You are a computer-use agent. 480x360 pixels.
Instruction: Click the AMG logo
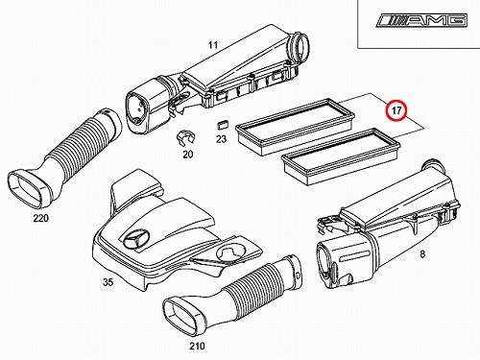pyautogui.click(x=421, y=20)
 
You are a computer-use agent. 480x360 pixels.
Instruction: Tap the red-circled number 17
pyautogui.click(x=396, y=110)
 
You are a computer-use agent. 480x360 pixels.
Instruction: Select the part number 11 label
pyautogui.click(x=213, y=45)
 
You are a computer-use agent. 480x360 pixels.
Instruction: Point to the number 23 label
pyautogui.click(x=221, y=139)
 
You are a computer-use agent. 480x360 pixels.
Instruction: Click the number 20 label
pyautogui.click(x=188, y=155)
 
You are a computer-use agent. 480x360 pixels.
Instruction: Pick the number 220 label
pyautogui.click(x=41, y=218)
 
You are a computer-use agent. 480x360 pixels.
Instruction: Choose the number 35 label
pyautogui.click(x=108, y=282)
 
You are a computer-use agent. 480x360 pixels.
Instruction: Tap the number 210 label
pyautogui.click(x=197, y=346)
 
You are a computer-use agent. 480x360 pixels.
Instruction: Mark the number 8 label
pyautogui.click(x=422, y=254)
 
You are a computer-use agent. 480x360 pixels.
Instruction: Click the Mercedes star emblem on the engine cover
pyautogui.click(x=134, y=239)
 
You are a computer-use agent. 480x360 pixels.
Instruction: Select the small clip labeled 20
pyautogui.click(x=185, y=139)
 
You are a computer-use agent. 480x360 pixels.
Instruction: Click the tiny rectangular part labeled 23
pyautogui.click(x=223, y=124)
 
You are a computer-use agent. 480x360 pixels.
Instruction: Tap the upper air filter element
pyautogui.click(x=295, y=127)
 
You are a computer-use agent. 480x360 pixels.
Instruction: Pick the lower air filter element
pyautogui.click(x=341, y=156)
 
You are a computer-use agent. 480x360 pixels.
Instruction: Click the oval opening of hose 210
pyautogui.click(x=183, y=316)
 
